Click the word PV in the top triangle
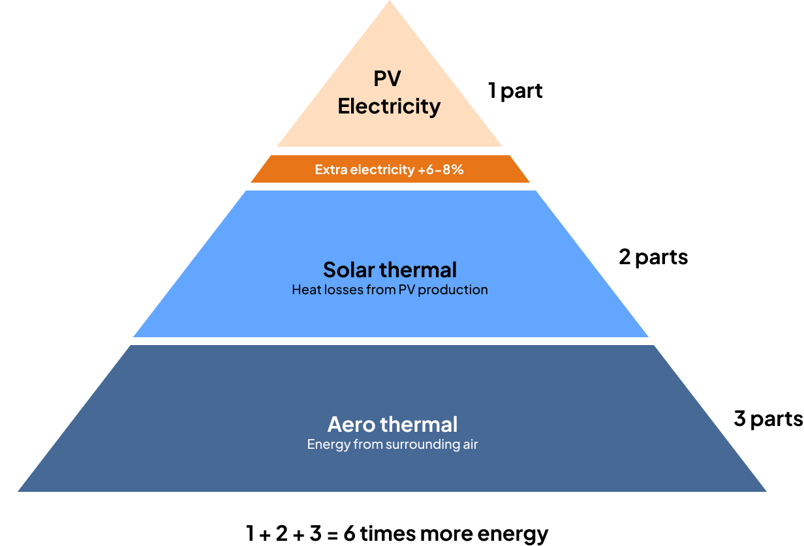coord(387,78)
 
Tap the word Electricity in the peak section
coord(389,107)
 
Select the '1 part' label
coord(515,91)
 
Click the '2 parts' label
coord(653,257)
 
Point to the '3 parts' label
coord(768,419)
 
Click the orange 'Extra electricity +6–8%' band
coord(390,169)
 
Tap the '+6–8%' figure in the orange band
coord(441,170)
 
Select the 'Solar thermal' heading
coord(390,270)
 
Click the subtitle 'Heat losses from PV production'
coord(390,290)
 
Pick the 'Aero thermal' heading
coord(392,425)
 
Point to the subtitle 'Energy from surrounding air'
coord(392,444)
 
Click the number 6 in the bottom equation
coord(349,534)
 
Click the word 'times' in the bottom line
coord(388,534)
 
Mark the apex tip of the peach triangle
coord(390,1)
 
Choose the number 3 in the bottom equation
coord(315,534)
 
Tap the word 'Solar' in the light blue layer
coord(348,270)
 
